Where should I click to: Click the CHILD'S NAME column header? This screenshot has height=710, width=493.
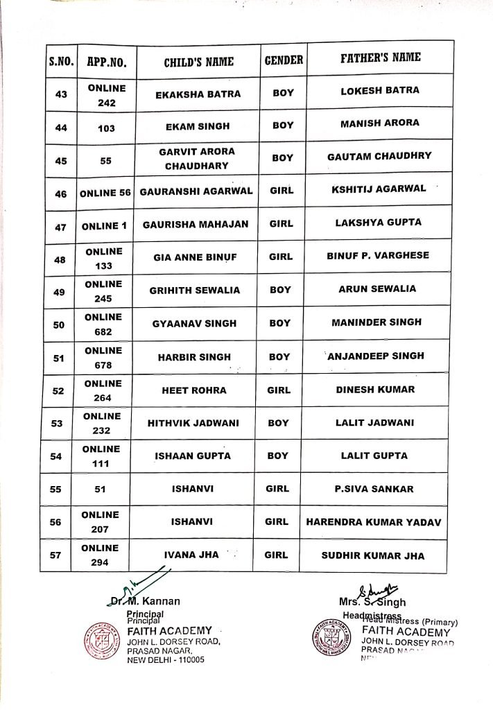pos(198,61)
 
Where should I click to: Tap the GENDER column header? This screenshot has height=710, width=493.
pos(284,60)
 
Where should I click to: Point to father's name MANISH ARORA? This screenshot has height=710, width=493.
pos(380,123)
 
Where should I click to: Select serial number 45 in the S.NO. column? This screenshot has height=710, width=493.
pos(60,161)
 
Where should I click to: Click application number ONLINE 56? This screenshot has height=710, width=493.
pos(105,193)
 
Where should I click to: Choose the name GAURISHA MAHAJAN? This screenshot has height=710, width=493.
pos(195,223)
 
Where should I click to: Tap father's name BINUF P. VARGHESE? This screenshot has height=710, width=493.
pos(378,256)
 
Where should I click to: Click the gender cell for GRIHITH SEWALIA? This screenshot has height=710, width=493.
pos(281,289)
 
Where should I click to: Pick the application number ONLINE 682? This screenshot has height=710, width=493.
pos(103,324)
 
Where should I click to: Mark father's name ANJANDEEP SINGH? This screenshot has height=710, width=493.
pos(377,356)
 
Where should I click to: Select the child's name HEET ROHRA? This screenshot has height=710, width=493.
pos(194,390)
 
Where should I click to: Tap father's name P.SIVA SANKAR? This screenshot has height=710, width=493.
pos(373,489)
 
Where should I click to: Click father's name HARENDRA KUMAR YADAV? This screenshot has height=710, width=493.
pos(373,522)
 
